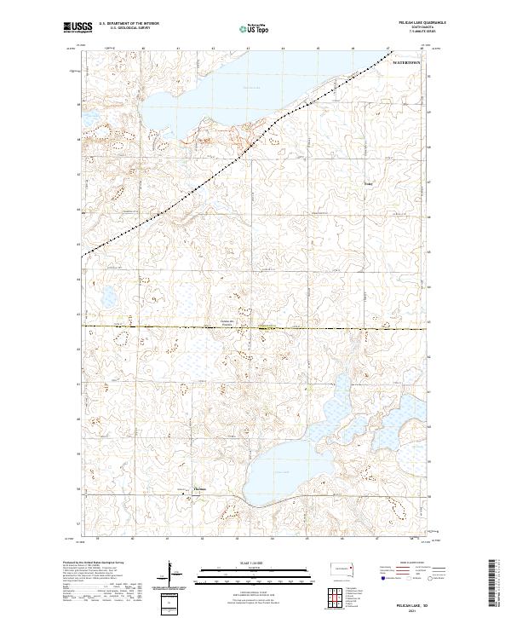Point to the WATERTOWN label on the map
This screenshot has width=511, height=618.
click(406, 64)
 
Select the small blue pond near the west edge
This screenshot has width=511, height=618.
click(108, 297)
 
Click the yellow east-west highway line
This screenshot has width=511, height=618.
click(170, 326)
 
